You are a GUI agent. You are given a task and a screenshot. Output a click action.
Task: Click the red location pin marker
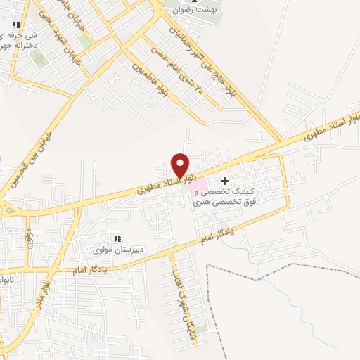[x=181, y=165]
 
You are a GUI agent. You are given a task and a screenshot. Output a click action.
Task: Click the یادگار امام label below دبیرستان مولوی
[x=91, y=270]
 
